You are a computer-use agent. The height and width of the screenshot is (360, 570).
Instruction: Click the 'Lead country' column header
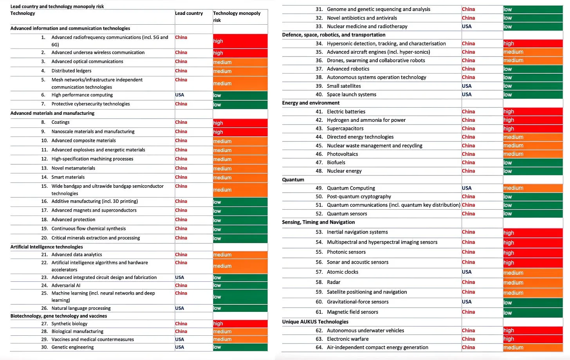(189, 13)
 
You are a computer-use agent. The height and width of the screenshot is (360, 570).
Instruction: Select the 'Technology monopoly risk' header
(236, 16)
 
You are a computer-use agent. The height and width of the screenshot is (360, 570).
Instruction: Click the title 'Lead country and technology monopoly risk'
(57, 6)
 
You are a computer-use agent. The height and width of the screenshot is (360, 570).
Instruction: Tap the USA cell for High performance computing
(179, 95)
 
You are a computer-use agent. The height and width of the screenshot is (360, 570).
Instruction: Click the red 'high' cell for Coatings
(240, 123)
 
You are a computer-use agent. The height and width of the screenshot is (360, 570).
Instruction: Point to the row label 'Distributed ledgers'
(71, 71)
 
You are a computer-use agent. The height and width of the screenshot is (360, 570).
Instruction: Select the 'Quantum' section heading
(293, 179)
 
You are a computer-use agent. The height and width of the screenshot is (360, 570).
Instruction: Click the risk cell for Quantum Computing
(533, 188)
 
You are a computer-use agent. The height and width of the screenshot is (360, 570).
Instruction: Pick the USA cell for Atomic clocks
(467, 272)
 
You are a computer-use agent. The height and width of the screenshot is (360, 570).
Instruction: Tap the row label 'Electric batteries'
(346, 112)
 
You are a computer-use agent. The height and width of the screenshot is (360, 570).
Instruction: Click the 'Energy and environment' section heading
(311, 103)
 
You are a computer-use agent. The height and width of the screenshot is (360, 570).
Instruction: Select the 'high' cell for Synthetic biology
(240, 324)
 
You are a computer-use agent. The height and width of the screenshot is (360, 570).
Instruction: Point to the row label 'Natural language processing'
(81, 308)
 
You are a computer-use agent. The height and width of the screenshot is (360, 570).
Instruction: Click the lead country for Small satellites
(467, 86)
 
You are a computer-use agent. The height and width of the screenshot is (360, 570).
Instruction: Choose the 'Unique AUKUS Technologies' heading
(315, 322)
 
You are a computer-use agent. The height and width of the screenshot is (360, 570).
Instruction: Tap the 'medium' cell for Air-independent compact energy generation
(533, 347)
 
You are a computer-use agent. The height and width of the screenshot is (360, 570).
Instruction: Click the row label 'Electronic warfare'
(348, 339)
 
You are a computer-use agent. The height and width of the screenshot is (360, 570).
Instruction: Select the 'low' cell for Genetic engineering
(240, 347)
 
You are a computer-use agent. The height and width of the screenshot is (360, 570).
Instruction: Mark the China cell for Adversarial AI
(181, 286)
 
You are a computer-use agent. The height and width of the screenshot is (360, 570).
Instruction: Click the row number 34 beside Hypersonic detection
(319, 43)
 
